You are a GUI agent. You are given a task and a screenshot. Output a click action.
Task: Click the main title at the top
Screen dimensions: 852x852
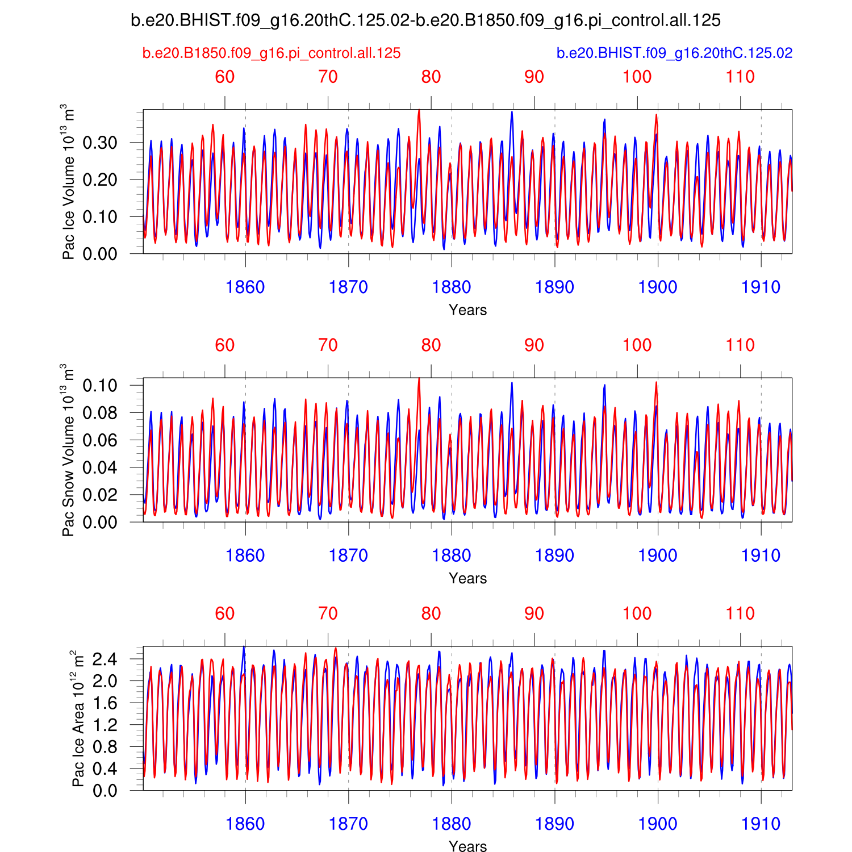pos(425,21)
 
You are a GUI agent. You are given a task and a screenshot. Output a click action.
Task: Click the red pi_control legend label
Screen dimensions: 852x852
pos(272,53)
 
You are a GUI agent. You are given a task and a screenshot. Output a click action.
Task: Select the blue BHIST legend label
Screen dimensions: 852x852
pos(674,53)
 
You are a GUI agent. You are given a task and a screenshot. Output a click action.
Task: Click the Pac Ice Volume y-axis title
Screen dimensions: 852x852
pos(68,182)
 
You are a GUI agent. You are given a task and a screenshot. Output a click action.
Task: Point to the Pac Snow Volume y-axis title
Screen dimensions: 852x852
pos(68,450)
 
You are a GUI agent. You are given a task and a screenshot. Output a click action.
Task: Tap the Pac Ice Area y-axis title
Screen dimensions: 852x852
pos(78,719)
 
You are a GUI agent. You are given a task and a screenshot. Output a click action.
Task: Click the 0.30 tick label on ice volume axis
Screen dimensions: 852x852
pos(100,143)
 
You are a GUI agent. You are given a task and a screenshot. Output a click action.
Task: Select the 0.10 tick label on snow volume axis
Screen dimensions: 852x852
pos(100,386)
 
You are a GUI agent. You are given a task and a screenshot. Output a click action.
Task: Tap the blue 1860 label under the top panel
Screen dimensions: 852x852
pos(245,287)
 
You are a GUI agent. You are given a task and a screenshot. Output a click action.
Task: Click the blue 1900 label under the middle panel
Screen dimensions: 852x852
pos(658,556)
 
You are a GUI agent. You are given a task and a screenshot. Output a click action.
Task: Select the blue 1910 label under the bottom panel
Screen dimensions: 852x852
pos(761,824)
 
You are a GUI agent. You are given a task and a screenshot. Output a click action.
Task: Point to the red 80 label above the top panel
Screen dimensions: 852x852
pos(431,77)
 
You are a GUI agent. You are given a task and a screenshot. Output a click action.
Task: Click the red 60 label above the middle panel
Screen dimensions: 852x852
pos(225,345)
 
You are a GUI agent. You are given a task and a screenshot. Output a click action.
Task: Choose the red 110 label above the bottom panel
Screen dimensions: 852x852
pos(740,613)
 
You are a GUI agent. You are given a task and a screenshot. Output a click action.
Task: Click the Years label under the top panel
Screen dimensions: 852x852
pos(467,310)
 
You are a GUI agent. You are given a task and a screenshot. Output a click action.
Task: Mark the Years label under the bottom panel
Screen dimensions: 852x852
pos(467,846)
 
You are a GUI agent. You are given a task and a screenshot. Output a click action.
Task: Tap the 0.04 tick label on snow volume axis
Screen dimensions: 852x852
pos(100,468)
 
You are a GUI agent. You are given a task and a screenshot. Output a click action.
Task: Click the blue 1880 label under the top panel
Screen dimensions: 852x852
pos(452,287)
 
